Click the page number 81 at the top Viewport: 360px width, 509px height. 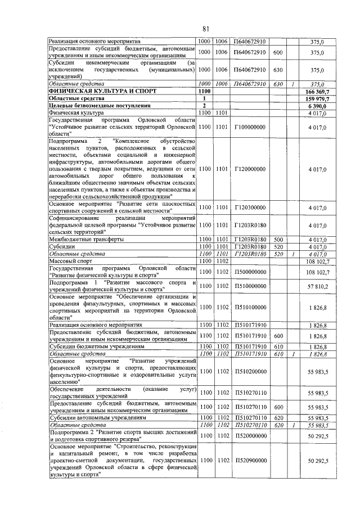click(206, 29)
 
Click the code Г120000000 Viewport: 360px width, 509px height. click(249, 168)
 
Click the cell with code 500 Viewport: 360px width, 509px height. click(277, 239)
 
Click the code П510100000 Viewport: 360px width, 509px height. click(249, 307)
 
